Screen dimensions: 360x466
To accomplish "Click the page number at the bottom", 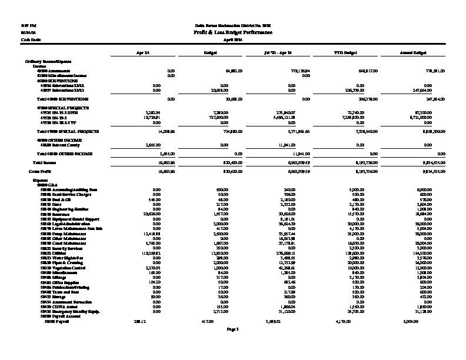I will (232, 329).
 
